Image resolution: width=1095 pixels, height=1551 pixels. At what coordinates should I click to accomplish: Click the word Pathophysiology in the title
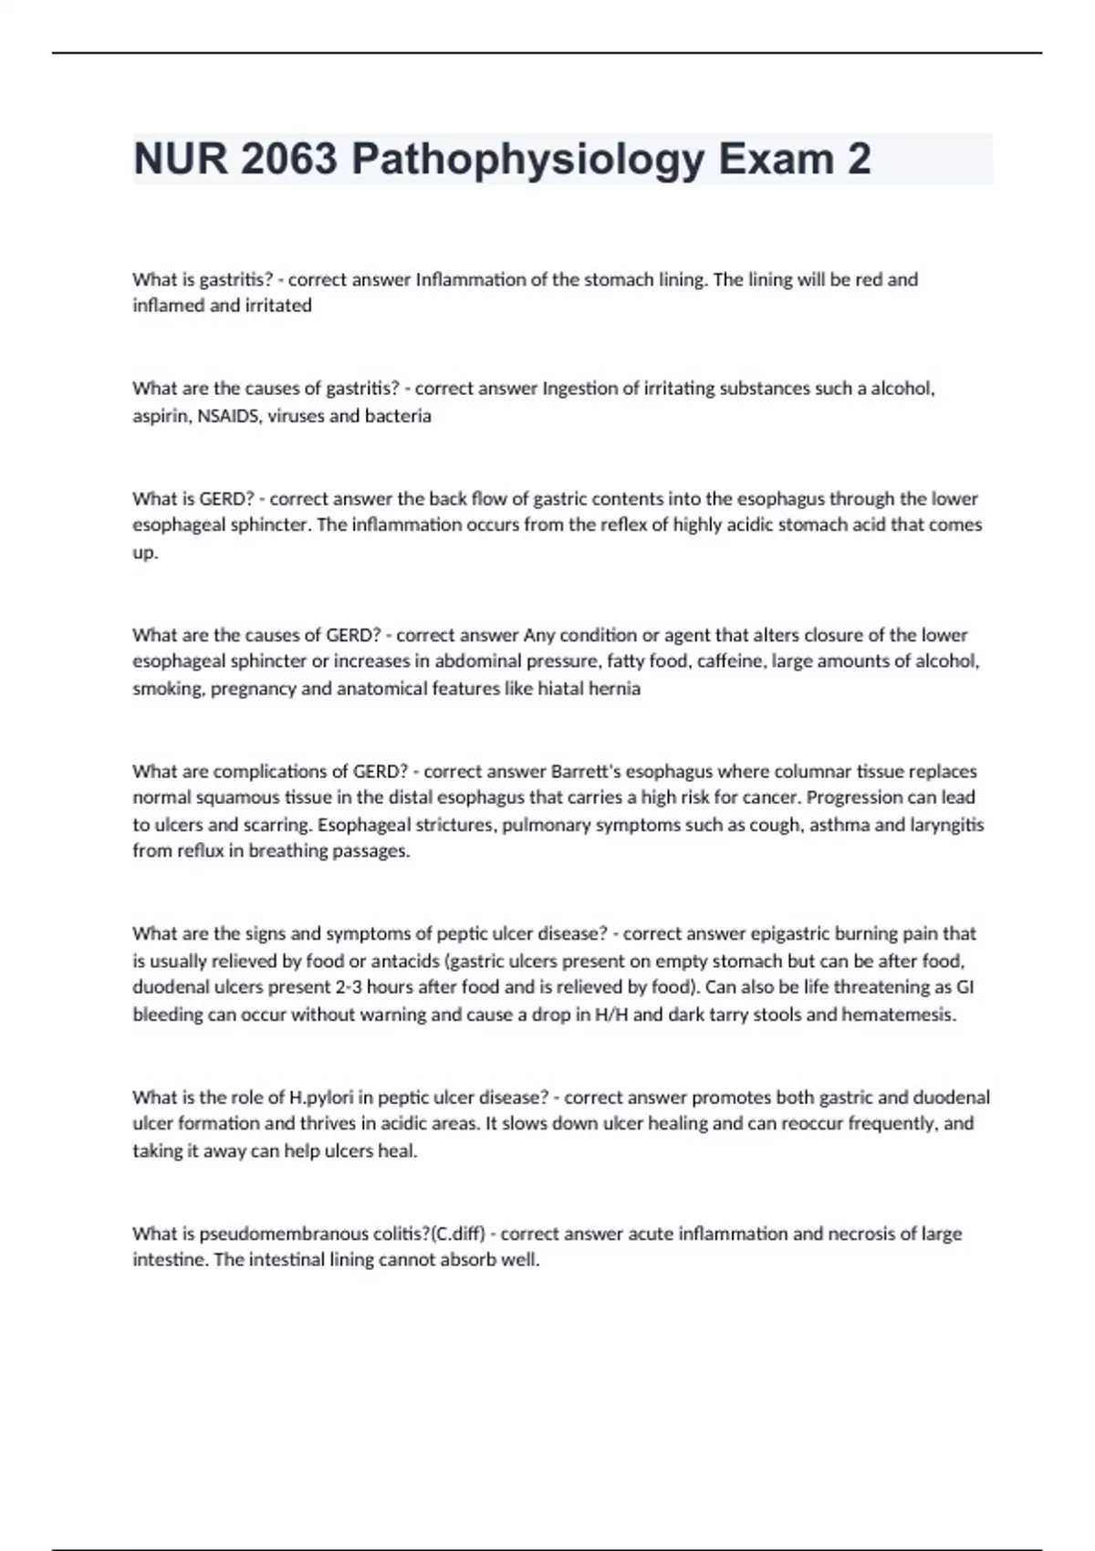[528, 160]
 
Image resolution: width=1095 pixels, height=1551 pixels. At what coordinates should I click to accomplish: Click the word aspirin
[161, 416]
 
